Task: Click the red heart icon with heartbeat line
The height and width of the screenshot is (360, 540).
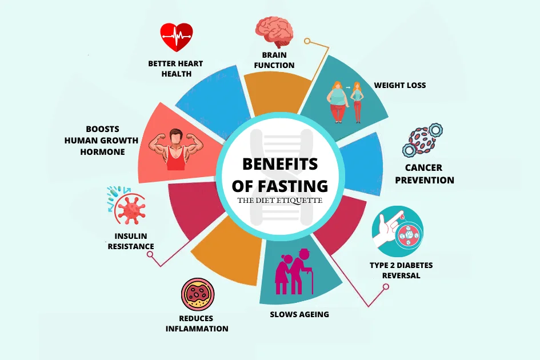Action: coord(177,38)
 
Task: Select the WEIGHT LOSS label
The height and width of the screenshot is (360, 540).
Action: coord(400,86)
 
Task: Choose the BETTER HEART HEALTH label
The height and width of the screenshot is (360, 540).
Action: coord(175,69)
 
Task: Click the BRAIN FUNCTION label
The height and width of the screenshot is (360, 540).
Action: coord(278,60)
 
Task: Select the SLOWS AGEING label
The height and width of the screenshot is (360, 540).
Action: coord(299,314)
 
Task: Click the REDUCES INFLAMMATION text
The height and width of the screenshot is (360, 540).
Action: coord(197,323)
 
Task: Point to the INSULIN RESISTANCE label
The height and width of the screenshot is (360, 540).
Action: coord(131,241)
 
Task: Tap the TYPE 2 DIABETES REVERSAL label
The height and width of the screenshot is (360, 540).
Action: coord(401,270)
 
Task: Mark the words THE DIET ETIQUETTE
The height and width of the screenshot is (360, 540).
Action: coord(280,201)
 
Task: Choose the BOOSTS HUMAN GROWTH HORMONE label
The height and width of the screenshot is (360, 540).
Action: coord(102,141)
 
